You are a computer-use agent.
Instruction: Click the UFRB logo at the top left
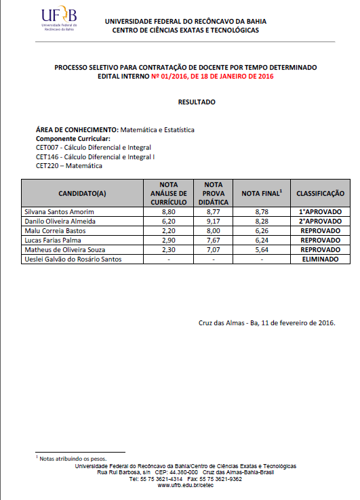[59, 20]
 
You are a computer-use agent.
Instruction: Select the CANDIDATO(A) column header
[82, 193]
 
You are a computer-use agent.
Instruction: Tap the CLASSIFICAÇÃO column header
[321, 193]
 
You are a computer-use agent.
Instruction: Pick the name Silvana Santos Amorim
[60, 211]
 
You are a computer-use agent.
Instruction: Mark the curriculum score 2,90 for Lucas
[168, 240]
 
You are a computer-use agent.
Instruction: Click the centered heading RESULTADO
[197, 102]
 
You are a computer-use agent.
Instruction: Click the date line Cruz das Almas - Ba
[267, 322]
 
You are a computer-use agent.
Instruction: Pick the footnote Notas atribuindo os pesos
[73, 459]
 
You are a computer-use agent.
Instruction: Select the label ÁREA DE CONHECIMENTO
[77, 129]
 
